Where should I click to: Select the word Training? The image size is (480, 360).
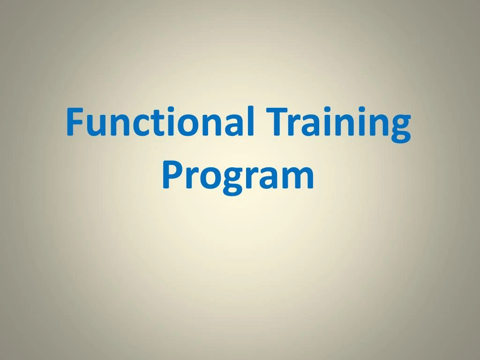coord(337,123)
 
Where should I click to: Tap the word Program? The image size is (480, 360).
coord(238,176)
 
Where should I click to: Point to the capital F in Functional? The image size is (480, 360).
coord(75,121)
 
